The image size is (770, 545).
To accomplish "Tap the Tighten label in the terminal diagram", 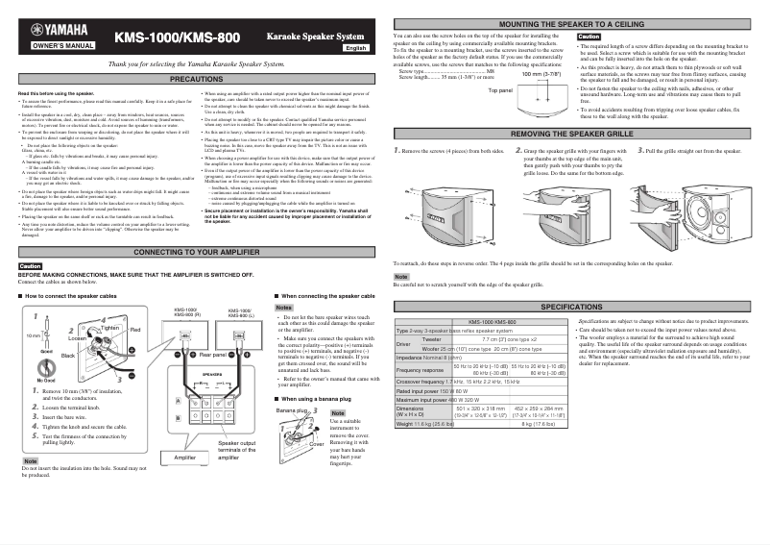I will [x=109, y=328].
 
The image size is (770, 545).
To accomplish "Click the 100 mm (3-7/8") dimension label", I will [x=541, y=73].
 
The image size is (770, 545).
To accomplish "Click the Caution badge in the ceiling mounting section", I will [x=589, y=36].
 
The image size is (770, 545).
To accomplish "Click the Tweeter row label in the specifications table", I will [x=432, y=339].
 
